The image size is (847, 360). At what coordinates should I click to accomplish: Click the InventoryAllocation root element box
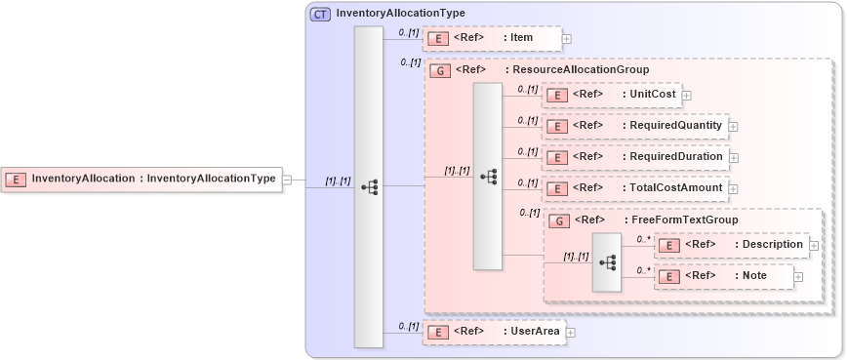[141, 179]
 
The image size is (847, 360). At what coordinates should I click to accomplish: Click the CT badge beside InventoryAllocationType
[320, 14]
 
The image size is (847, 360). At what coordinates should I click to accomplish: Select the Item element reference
[493, 38]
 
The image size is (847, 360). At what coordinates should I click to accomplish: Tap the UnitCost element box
[612, 95]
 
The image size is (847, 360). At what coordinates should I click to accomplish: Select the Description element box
[731, 244]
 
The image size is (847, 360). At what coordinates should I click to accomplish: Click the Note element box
[722, 277]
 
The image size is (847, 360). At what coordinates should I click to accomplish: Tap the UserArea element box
[494, 332]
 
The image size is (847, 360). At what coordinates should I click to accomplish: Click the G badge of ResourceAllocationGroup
[440, 71]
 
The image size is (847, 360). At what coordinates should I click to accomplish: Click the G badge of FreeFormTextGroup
[559, 220]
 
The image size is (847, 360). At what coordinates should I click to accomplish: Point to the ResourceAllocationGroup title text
[577, 70]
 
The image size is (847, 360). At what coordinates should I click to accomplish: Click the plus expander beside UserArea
[571, 333]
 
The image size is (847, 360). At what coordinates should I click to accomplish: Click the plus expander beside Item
[567, 39]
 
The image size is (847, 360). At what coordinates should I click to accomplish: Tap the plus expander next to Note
[798, 278]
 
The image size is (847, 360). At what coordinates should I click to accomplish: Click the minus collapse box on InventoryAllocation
[286, 180]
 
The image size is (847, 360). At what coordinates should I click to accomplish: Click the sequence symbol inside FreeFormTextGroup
[606, 262]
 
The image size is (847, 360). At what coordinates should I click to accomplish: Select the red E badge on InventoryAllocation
[17, 179]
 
